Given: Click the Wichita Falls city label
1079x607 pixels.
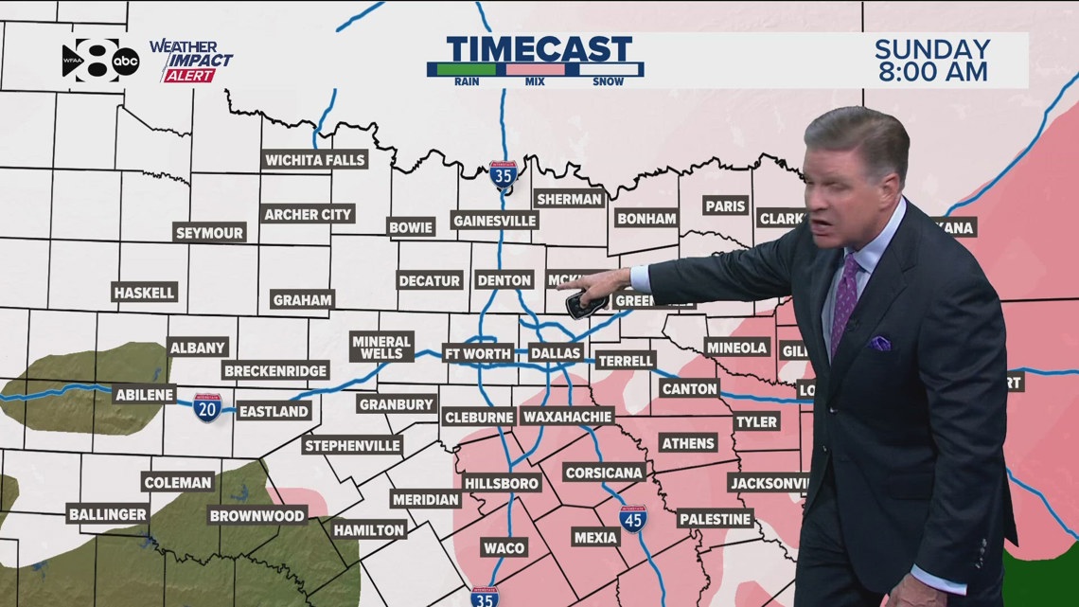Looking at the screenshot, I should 314,159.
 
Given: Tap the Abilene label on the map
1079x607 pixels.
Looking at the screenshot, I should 145,395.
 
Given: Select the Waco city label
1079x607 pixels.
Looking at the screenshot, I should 504,547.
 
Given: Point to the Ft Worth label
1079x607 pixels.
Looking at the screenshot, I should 478,353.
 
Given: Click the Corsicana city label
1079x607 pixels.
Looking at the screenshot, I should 604,472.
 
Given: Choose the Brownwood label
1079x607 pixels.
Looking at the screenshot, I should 257,515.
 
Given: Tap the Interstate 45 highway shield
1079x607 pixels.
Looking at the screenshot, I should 633,518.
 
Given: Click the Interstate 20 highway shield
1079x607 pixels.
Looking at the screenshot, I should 207,407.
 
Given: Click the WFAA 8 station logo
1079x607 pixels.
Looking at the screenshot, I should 100,61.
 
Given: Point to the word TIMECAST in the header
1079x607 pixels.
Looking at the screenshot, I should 539,48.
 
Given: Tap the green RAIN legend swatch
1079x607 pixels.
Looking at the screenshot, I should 466,69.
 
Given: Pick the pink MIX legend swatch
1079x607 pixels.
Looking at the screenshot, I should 536,69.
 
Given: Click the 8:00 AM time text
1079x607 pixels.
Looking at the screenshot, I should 931,72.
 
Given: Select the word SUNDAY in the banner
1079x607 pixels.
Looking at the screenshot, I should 931,49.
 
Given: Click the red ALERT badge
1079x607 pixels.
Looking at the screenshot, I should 188,75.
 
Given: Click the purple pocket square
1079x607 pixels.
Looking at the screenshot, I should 879,343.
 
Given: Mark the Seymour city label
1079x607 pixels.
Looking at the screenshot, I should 210,232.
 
